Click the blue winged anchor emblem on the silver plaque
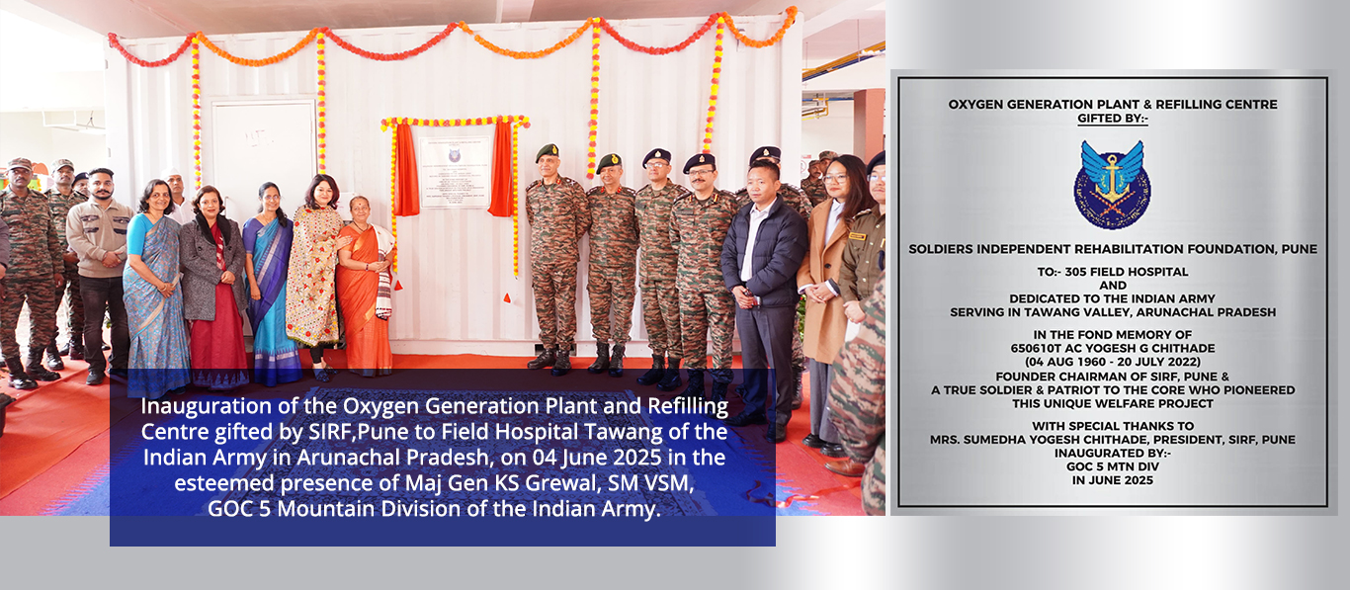click(1112, 184)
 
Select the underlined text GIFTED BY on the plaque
click(1113, 119)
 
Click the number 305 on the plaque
click(1075, 272)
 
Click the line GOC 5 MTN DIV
click(1113, 466)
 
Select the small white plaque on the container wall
click(455, 172)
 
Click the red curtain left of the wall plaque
click(407, 170)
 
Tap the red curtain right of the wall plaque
click(501, 169)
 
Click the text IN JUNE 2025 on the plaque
click(1113, 480)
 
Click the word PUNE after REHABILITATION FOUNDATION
click(1300, 249)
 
